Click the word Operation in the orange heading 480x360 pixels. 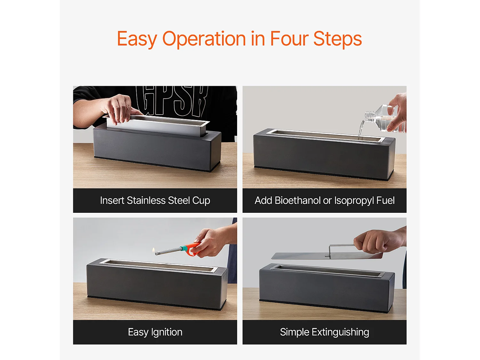pyautogui.click(x=204, y=39)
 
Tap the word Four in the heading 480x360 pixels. pyautogui.click(x=289, y=38)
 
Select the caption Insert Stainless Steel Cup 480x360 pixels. pyautogui.click(x=155, y=200)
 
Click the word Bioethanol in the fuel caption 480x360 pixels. pyautogui.click(x=298, y=200)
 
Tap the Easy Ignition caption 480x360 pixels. pyautogui.click(x=155, y=332)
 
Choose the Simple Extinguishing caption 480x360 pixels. pyautogui.click(x=324, y=332)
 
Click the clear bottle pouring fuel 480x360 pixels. pyautogui.click(x=384, y=119)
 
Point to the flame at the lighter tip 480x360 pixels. pyautogui.click(x=154, y=250)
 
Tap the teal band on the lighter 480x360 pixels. pyautogui.click(x=183, y=249)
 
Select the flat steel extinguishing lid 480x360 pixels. pyautogui.click(x=327, y=255)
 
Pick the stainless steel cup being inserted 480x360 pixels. pyautogui.click(x=156, y=125)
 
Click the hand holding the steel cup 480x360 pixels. pyautogui.click(x=119, y=108)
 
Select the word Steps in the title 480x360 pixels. pyautogui.click(x=337, y=39)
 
